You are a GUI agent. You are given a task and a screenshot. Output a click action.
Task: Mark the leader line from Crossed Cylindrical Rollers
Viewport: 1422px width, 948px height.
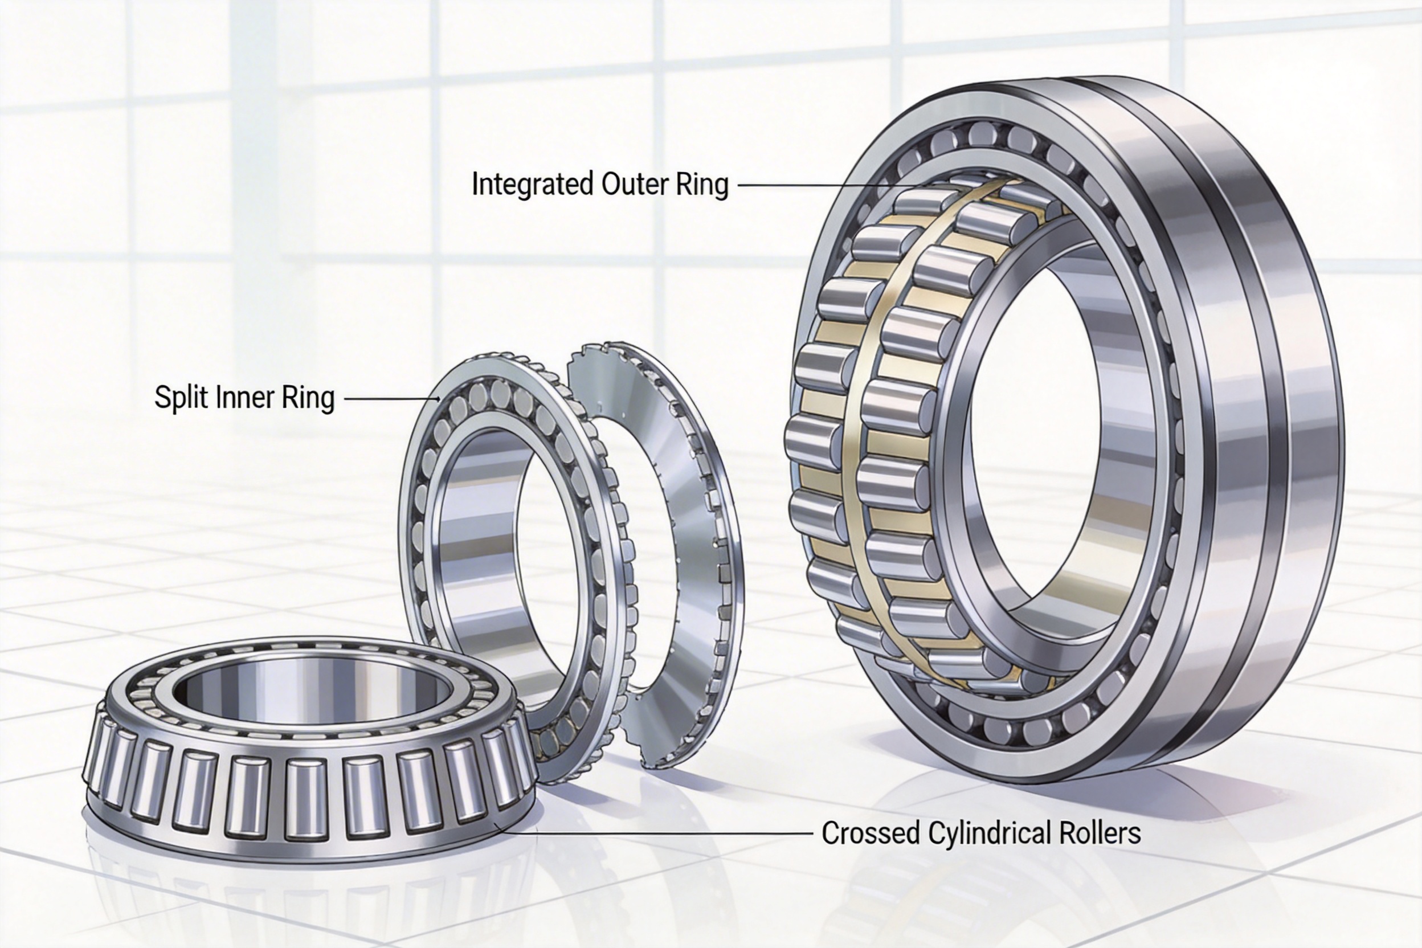653,833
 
